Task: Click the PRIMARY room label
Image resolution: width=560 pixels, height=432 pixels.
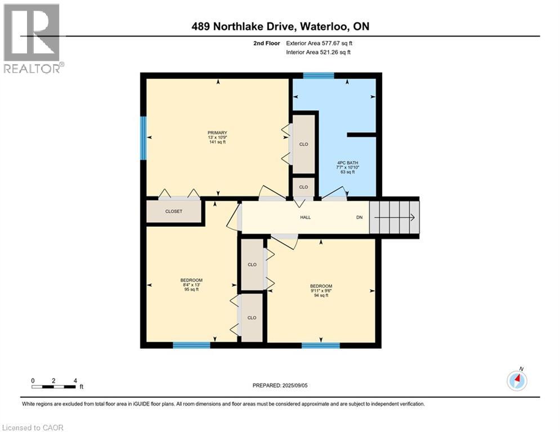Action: [x=217, y=132]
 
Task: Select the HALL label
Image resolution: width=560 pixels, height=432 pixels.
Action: [x=305, y=217]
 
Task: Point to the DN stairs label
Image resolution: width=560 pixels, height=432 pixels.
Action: [x=359, y=217]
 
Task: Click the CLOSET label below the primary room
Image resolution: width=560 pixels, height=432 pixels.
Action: [x=173, y=211]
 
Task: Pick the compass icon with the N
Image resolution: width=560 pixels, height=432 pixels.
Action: [x=517, y=381]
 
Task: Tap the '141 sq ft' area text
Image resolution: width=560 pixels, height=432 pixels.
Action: [x=217, y=142]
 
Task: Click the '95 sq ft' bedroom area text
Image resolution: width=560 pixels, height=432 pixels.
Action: [x=191, y=290]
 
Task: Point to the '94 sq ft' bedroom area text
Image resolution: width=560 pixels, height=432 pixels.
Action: [x=321, y=295]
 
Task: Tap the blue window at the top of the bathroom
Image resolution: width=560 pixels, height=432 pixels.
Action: [x=319, y=75]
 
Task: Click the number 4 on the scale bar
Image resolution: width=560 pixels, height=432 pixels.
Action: [x=75, y=380]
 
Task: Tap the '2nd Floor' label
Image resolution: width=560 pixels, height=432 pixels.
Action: [x=266, y=43]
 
